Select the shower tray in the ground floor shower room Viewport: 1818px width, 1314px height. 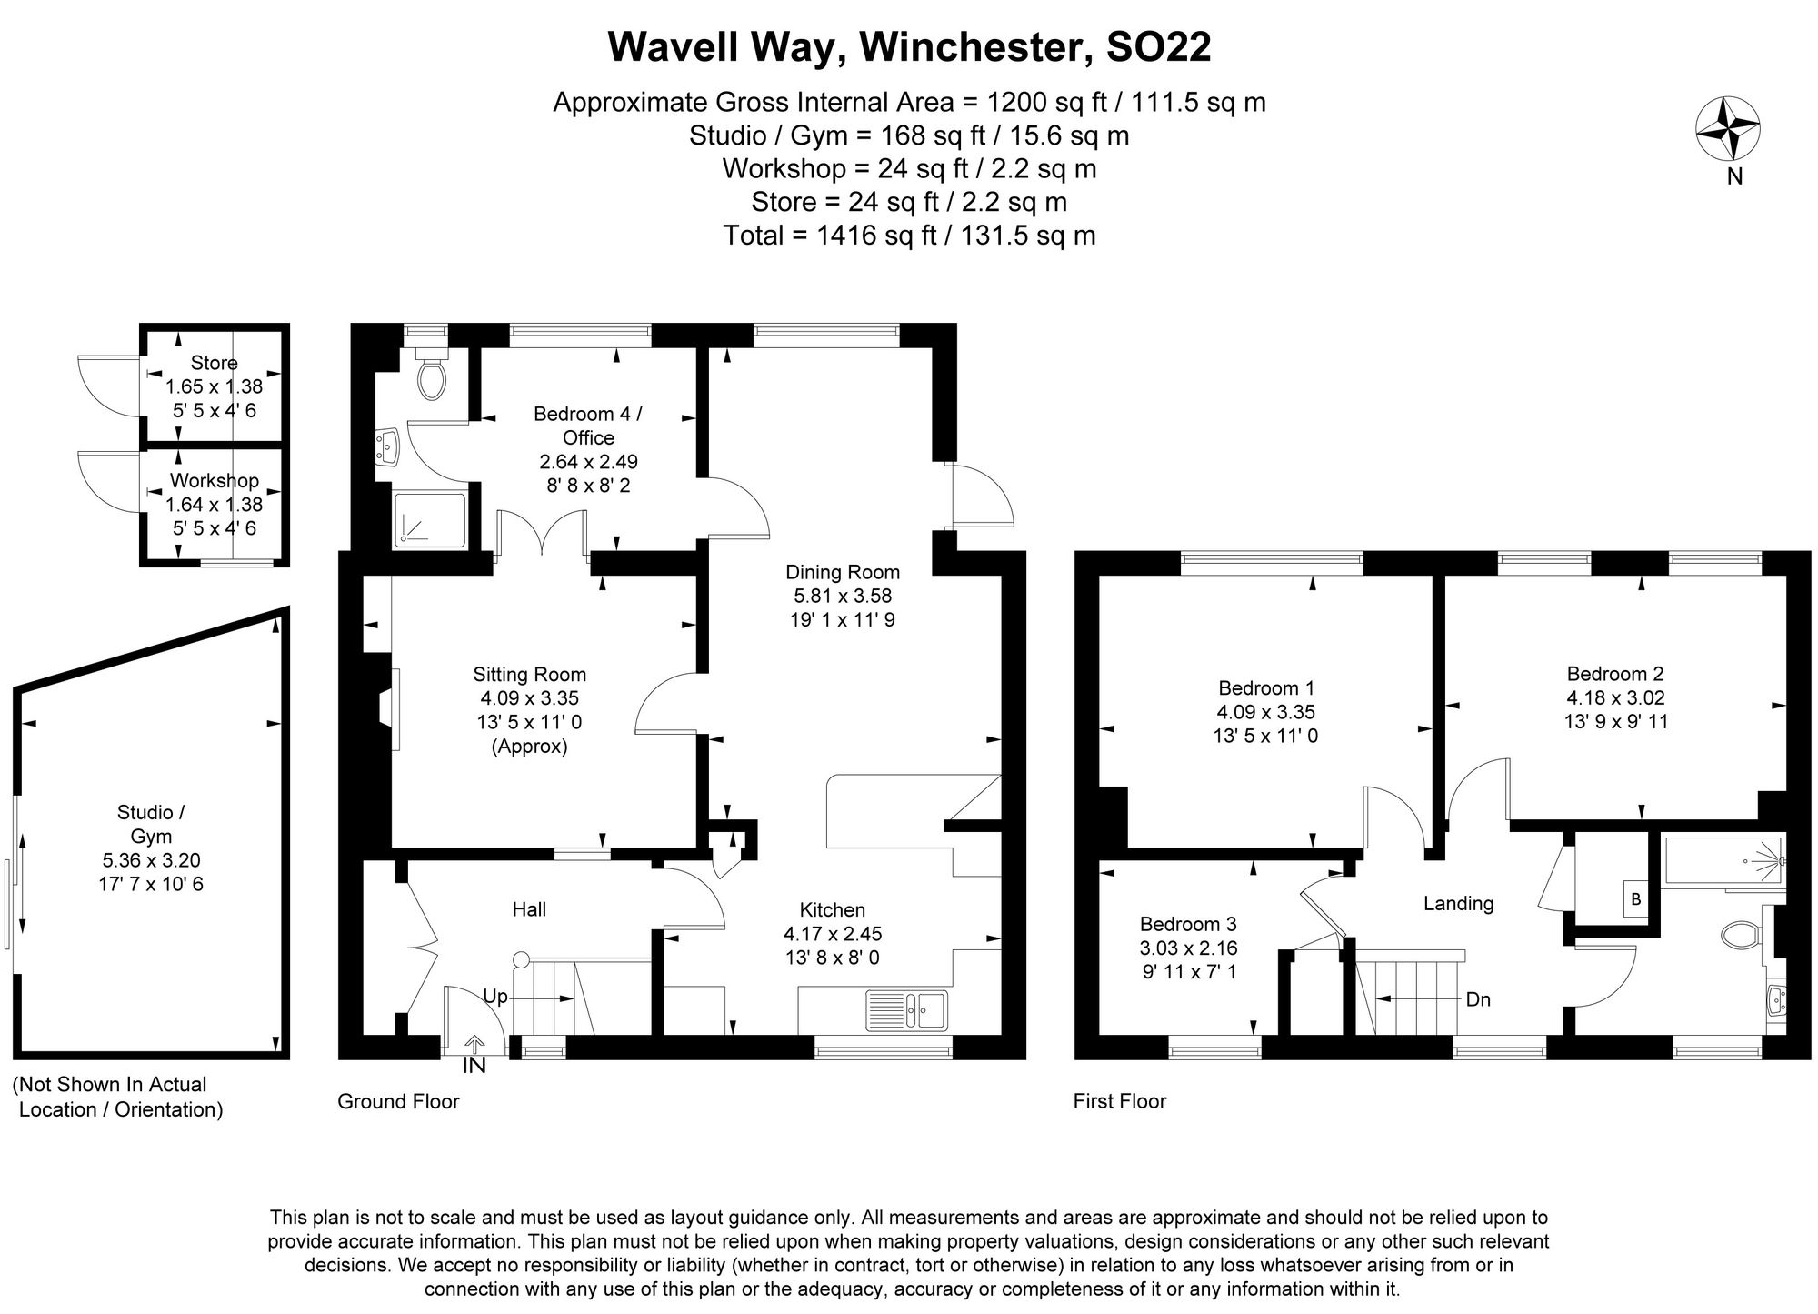point(430,520)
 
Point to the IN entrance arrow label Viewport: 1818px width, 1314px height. point(474,1066)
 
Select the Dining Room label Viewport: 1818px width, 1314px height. point(843,573)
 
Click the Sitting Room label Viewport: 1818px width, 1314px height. point(529,675)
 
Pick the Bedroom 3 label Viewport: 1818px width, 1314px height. point(1188,925)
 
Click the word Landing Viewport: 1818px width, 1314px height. point(1458,903)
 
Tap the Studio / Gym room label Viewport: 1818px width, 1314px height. point(151,824)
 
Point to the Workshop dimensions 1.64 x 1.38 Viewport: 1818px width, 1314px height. point(214,505)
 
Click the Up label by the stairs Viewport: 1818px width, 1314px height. point(495,997)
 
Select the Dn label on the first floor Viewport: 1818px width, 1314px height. point(1478,999)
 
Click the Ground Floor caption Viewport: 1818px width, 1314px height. point(398,1101)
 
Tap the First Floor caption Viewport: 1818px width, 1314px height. point(1119,1101)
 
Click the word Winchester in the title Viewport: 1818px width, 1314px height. point(976,47)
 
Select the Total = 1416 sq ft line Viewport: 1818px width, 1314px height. point(909,236)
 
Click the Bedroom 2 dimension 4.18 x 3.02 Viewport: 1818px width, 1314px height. point(1615,698)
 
